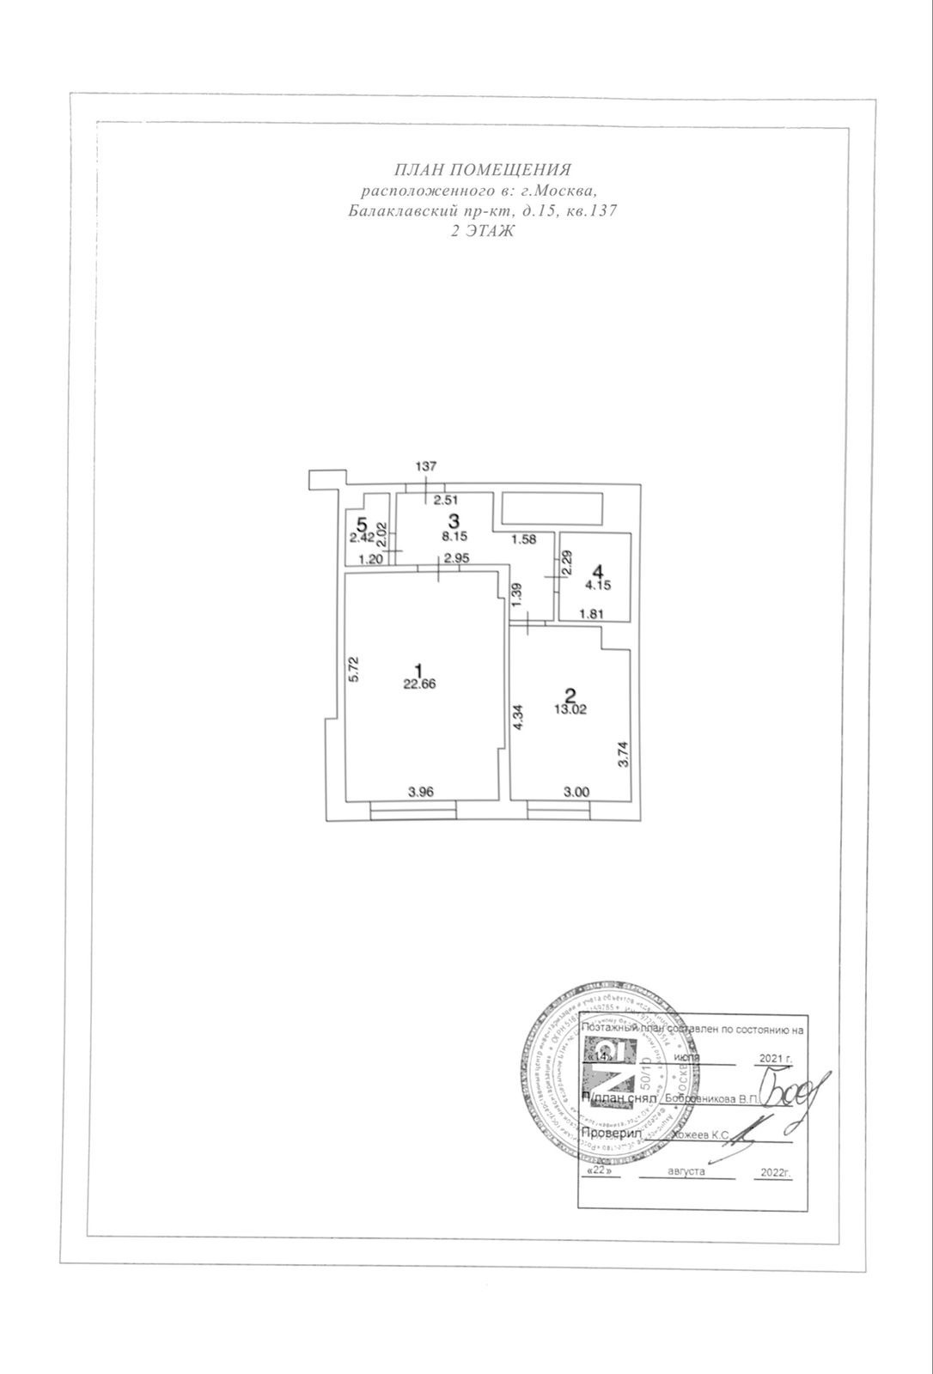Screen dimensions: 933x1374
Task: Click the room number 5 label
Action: coord(363,523)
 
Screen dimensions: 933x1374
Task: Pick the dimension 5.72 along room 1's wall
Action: coord(354,670)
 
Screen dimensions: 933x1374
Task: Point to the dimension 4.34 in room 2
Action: coord(517,719)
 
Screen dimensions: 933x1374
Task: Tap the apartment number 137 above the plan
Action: coord(426,466)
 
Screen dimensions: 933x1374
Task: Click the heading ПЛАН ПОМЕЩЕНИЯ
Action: coord(482,169)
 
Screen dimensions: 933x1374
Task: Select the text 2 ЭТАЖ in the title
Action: coord(483,231)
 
